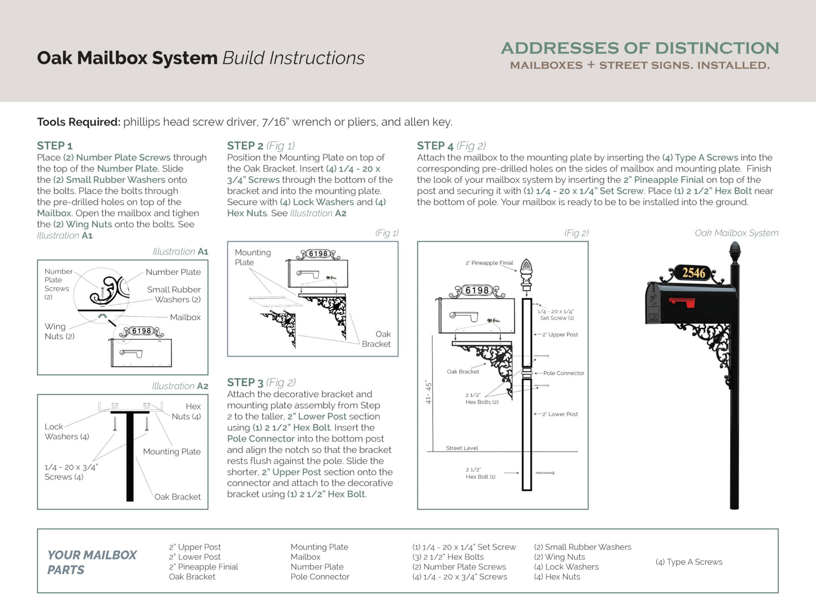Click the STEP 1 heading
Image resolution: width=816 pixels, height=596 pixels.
[x=55, y=146]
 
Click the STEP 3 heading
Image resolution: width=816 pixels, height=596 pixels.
[x=245, y=382]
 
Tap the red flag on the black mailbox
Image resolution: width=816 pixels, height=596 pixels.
[x=682, y=302]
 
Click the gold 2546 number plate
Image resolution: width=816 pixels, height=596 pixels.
[x=693, y=273]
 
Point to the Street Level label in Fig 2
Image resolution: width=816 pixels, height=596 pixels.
[x=462, y=448]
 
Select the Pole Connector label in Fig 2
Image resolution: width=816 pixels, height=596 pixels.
[x=563, y=373]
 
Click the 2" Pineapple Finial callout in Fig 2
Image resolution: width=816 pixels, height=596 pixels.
[x=489, y=263]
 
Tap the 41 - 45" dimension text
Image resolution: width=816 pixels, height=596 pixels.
[x=429, y=392]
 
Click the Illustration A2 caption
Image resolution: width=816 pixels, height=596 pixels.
[x=180, y=386]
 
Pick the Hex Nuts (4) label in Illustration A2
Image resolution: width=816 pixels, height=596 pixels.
[x=187, y=411]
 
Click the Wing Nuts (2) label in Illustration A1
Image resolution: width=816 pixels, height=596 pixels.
[x=59, y=331]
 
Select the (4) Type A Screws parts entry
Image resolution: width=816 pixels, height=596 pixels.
[x=689, y=562]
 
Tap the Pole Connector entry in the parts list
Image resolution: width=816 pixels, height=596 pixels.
[x=320, y=577]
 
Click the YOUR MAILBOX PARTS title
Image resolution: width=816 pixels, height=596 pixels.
[x=92, y=562]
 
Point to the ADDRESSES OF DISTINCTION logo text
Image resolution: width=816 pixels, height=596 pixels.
[x=640, y=49]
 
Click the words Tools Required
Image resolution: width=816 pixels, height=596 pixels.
[x=78, y=122]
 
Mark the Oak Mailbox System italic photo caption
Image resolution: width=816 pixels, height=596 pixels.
[x=736, y=233]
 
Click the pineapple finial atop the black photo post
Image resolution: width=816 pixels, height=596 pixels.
[x=735, y=252]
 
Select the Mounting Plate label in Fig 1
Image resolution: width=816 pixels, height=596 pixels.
[x=252, y=257]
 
